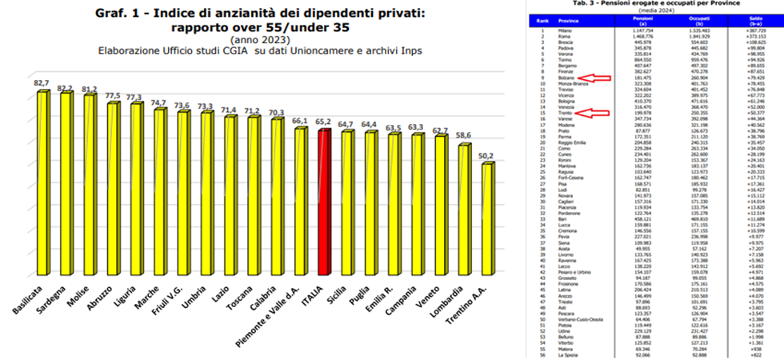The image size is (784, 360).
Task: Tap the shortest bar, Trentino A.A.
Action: click(486, 216)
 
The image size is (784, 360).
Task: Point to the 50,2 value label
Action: click(487, 156)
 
